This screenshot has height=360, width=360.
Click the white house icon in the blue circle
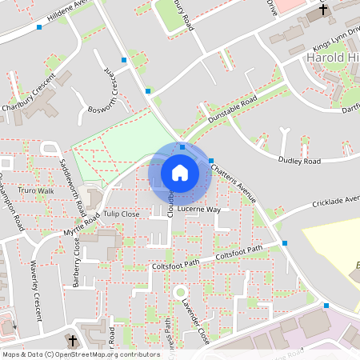[x=180, y=172]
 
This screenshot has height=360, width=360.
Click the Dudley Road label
[x=299, y=161]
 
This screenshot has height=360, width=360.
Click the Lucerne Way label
[x=198, y=209]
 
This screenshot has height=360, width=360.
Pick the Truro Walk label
[x=36, y=191]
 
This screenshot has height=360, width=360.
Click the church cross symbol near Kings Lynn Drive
[x=323, y=10]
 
